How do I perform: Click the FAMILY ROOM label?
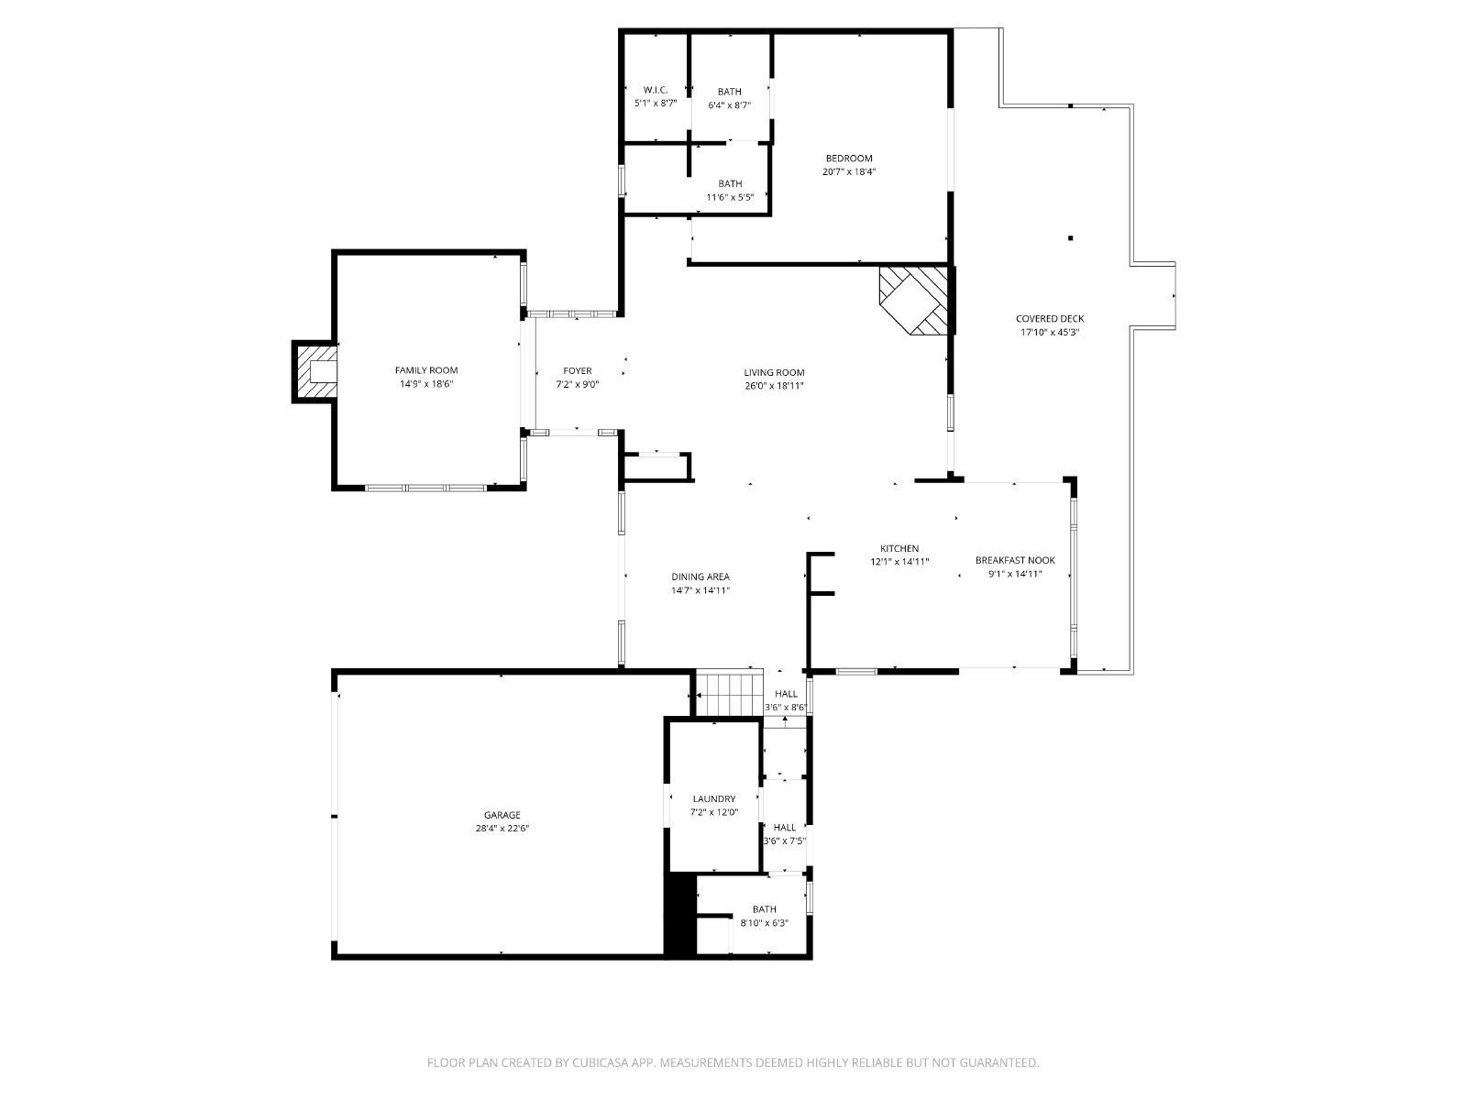425,370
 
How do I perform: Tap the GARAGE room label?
502,815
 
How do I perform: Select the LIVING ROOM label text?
774,373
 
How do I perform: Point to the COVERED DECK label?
1050,319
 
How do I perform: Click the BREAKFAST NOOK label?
1015,560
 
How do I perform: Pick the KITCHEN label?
899,548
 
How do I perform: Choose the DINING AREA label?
700,577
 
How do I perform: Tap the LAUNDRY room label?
713,798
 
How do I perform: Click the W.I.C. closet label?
655,90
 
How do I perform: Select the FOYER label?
578,370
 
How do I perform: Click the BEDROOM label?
849,159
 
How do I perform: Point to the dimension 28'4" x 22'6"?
502,828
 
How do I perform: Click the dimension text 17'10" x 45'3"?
1050,332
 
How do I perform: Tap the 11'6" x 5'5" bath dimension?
730,197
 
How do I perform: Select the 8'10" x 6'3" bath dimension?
764,923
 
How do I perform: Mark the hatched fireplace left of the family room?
314,371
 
